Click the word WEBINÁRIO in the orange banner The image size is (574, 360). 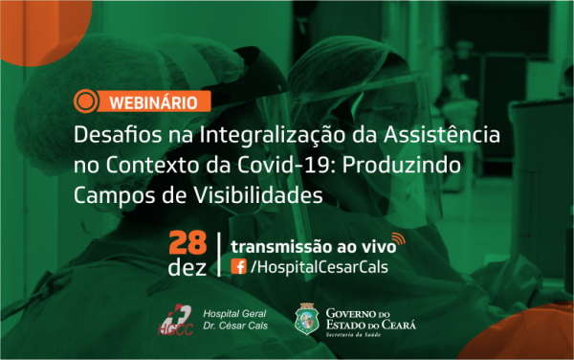point(153,102)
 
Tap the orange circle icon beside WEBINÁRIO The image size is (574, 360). point(86,101)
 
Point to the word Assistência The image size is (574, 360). point(441,134)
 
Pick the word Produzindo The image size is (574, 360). point(402,165)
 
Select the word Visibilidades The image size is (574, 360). point(257,194)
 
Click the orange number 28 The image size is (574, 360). point(188,243)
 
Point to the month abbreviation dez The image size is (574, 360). point(188,267)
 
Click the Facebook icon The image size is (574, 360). point(238,266)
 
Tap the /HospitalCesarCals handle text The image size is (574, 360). point(320,267)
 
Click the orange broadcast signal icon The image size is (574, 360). point(399,238)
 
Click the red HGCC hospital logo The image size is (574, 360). point(175,320)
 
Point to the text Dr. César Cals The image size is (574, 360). point(235,326)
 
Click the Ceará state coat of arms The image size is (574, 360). point(307,319)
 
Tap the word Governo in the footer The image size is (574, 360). point(351,313)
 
